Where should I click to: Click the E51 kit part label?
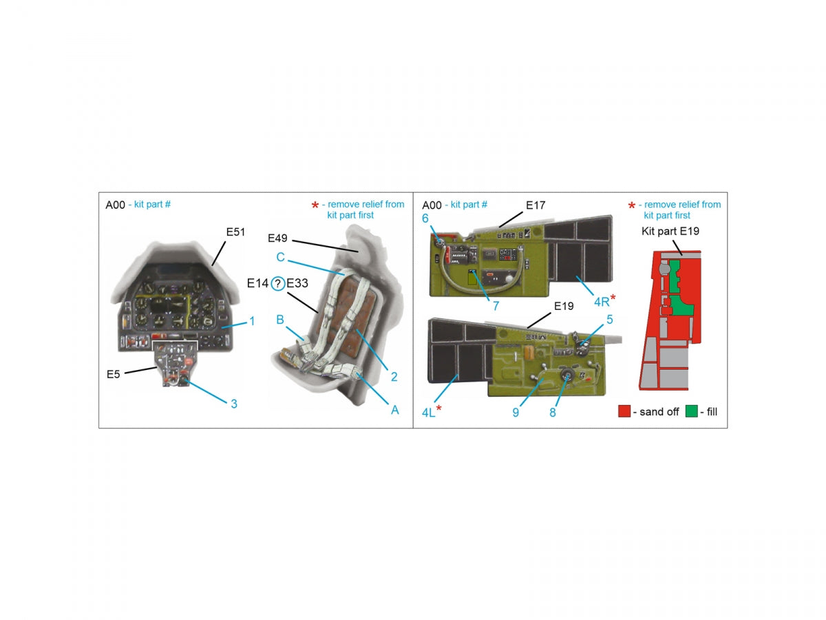coord(235,232)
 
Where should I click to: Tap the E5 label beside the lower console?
coord(113,374)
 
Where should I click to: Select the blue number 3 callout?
coord(233,404)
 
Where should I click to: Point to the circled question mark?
coord(277,283)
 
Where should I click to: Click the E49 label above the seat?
coord(277,238)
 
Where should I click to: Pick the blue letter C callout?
coord(280,257)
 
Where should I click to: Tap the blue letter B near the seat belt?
coord(280,320)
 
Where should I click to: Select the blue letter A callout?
coord(394,410)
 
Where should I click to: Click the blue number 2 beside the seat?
coord(394,376)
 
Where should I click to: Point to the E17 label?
coord(535,205)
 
